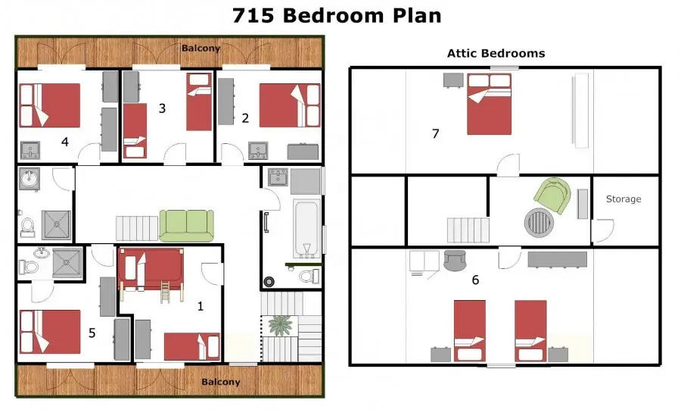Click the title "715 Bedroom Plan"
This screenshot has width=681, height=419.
pos(337,16)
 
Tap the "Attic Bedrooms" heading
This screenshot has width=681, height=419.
pos(496,54)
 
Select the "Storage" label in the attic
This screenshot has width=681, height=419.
pos(623,199)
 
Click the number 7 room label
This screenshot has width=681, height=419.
pos(436,133)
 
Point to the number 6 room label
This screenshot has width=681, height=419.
pos(476,280)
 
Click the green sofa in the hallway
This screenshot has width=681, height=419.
pos(186,226)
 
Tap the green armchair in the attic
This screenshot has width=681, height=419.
pos(552,195)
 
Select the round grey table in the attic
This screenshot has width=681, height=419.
pos(539,222)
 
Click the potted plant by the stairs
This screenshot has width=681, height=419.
pos(279,325)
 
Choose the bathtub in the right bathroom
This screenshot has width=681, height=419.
pos(306,227)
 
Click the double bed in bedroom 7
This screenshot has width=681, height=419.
pos(489,104)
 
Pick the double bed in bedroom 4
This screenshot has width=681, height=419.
pos(49,105)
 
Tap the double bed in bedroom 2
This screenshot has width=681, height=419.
pos(290,106)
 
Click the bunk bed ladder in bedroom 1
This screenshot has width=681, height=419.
pos(166,292)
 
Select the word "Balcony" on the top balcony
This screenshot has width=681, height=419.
pos(201,48)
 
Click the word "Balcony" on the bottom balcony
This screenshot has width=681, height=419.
pos(221,382)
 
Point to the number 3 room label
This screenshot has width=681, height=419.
pos(162,108)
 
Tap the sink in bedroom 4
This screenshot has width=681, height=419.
pos(30,151)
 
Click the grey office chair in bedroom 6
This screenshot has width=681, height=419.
pos(455,260)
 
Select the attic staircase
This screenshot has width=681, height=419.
pos(468,230)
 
